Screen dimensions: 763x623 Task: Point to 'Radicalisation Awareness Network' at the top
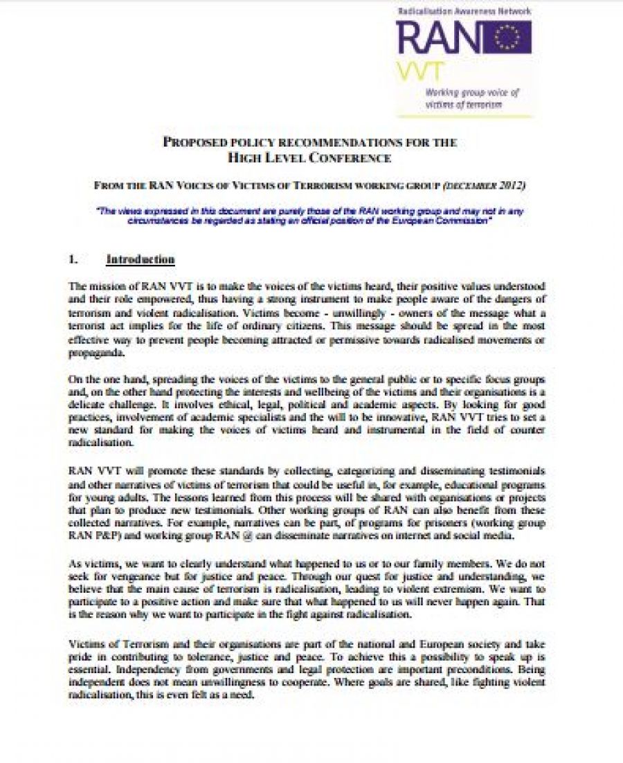click(462, 10)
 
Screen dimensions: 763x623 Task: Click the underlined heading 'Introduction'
click(140, 259)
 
